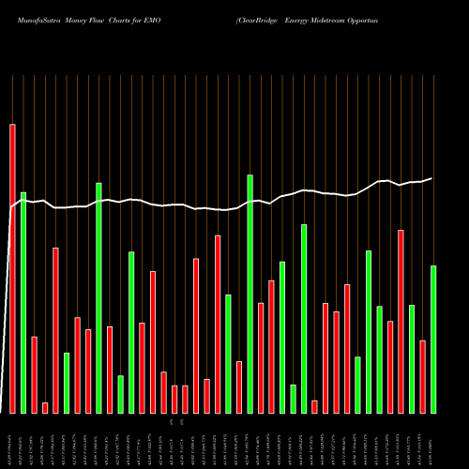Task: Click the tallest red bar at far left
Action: pos(12,268)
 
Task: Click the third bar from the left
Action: pos(34,374)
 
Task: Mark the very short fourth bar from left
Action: pos(45,407)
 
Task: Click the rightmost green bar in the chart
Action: pos(433,339)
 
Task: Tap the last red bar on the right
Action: pos(423,376)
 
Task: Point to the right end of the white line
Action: pos(432,178)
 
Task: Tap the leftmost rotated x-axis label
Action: pos(12,441)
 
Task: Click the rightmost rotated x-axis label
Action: pos(433,441)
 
